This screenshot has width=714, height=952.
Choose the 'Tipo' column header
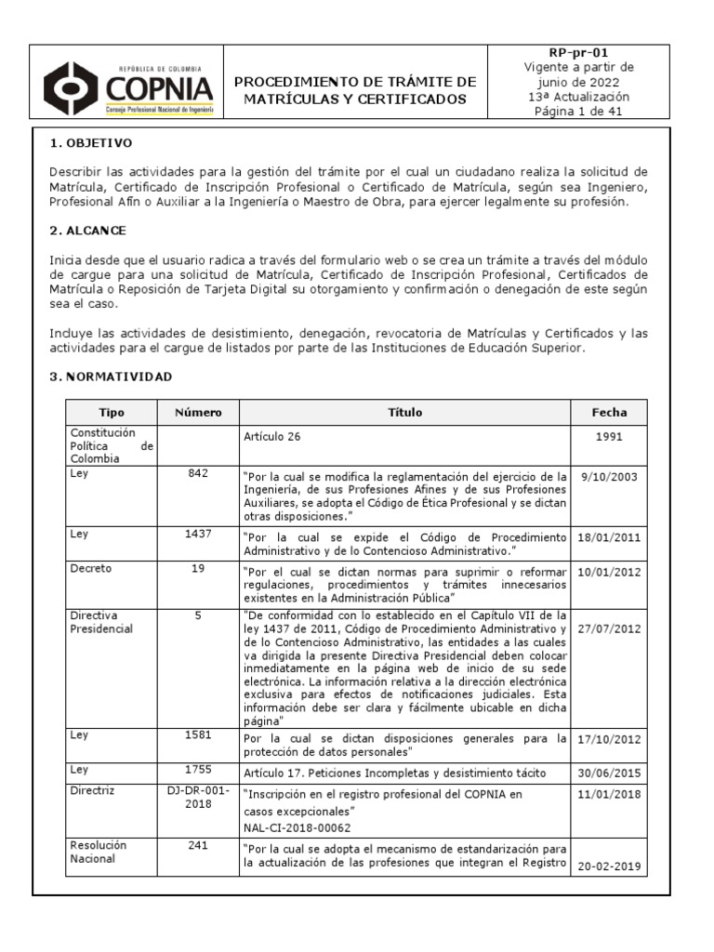(111, 413)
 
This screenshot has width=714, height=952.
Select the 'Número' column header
(197, 413)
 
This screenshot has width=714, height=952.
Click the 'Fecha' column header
(609, 413)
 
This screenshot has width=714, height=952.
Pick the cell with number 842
(197, 473)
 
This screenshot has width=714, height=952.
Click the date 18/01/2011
(609, 537)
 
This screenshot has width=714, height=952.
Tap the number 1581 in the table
(197, 734)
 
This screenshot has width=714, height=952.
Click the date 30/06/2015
(609, 773)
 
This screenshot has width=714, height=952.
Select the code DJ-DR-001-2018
(197, 797)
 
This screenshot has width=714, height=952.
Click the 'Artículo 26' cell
(271, 436)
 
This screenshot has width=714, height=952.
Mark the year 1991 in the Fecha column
(609, 436)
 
